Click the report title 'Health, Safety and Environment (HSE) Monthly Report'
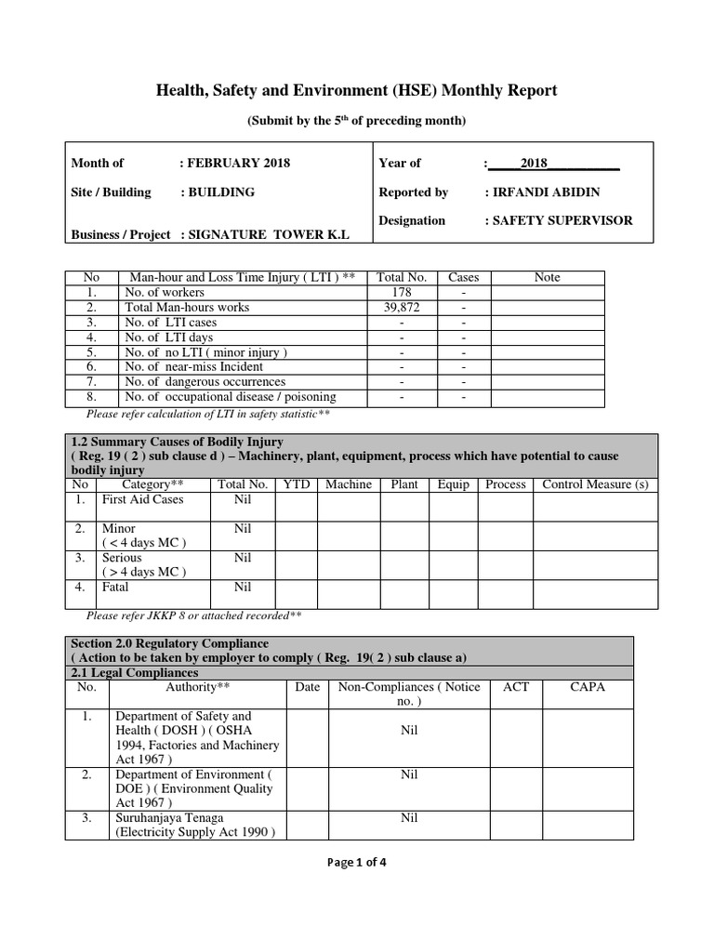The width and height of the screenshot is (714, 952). click(x=357, y=90)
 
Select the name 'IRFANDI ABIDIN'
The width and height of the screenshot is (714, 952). click(x=542, y=192)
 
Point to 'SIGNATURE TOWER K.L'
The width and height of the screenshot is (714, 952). click(x=269, y=235)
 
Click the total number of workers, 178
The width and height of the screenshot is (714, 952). click(x=401, y=292)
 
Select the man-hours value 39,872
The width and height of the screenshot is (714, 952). click(x=401, y=307)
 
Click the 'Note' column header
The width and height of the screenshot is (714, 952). click(x=548, y=277)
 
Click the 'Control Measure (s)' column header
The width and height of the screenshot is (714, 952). click(x=595, y=484)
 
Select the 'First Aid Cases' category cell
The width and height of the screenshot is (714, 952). click(x=143, y=499)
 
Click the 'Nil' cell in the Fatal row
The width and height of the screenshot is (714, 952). click(x=243, y=587)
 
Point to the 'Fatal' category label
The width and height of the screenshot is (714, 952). click(x=115, y=587)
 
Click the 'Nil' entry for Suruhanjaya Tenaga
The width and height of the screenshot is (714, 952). click(x=409, y=817)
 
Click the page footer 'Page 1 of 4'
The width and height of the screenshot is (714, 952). click(x=357, y=862)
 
